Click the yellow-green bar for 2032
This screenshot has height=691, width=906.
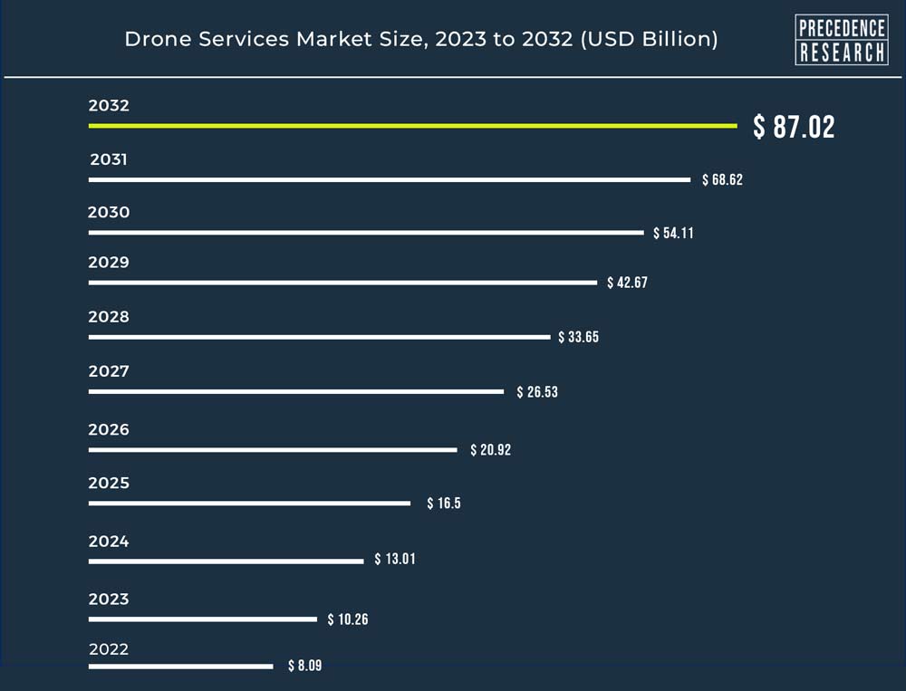[x=412, y=125]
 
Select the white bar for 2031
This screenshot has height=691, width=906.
[x=390, y=179]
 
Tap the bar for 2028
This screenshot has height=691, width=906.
[x=319, y=337]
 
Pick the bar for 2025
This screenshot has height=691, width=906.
[x=249, y=503]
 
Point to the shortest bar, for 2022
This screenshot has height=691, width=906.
[x=180, y=666]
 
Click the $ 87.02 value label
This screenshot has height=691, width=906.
[x=794, y=127]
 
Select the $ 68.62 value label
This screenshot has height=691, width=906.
[x=722, y=179]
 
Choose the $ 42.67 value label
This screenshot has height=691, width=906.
[x=627, y=283]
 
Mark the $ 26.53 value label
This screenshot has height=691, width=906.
[x=536, y=392]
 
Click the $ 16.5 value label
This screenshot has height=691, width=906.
[x=444, y=504]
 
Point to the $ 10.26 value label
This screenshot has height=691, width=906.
[x=348, y=619]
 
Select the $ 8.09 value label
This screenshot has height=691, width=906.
[x=304, y=666]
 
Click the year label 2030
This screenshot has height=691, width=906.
[x=109, y=213]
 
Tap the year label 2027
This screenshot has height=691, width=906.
[x=109, y=371]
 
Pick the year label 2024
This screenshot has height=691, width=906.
[x=109, y=542]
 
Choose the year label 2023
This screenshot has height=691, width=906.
[x=109, y=599]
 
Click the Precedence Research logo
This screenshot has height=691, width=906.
[x=841, y=40]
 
